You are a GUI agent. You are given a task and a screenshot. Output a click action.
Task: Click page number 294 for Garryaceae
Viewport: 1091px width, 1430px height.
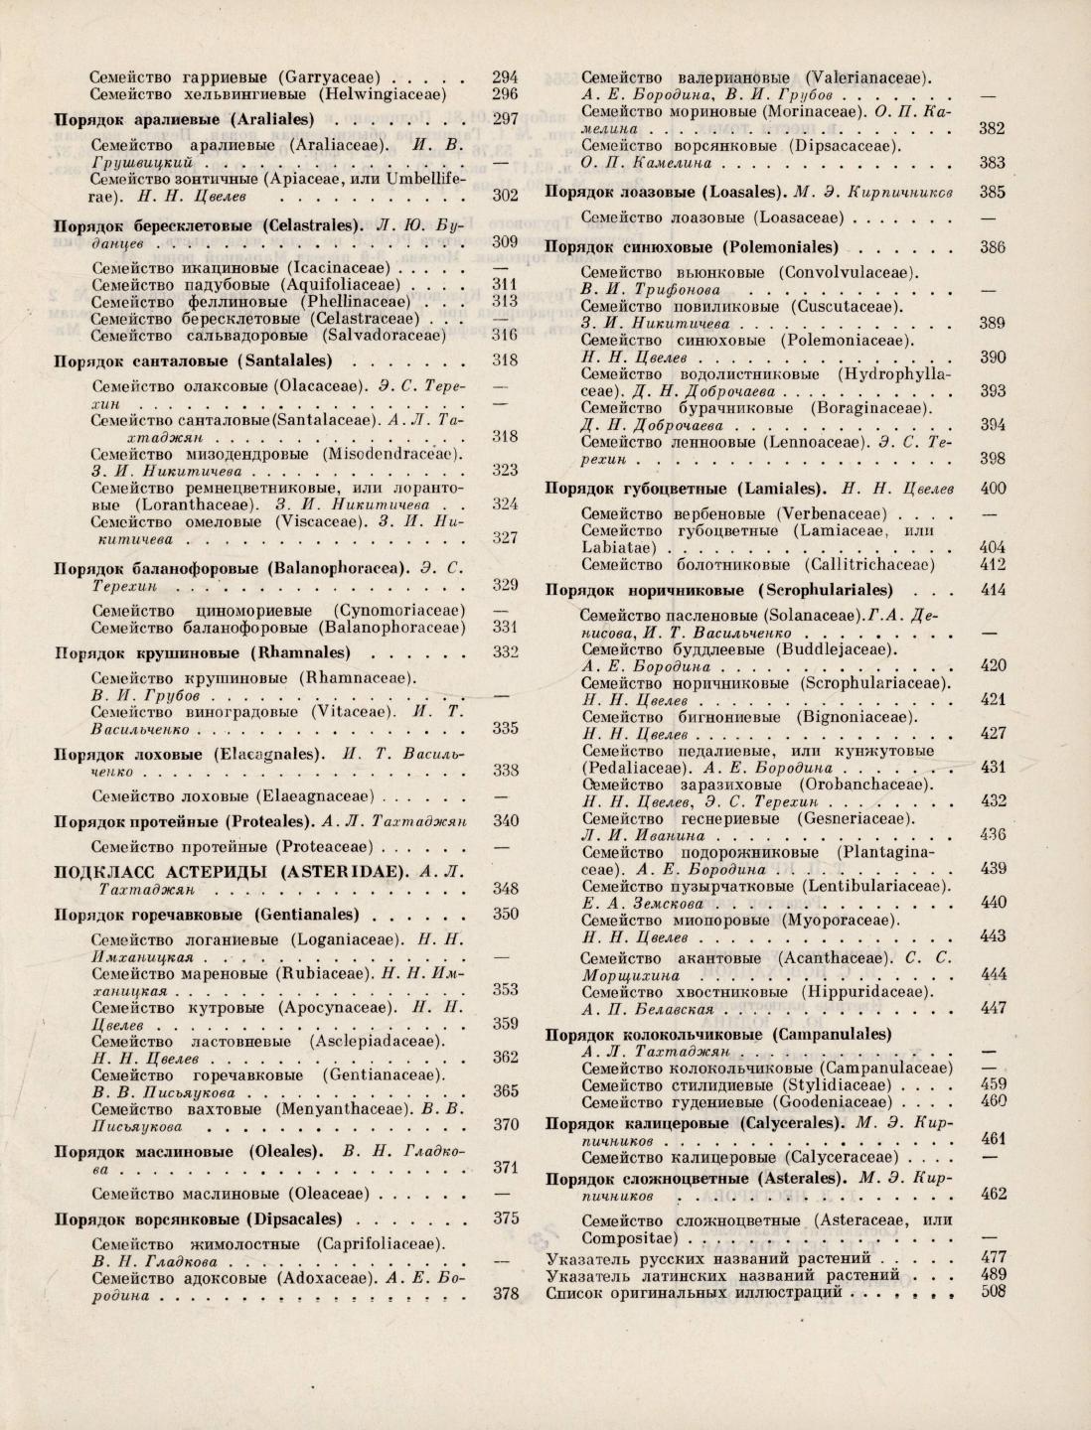click(505, 76)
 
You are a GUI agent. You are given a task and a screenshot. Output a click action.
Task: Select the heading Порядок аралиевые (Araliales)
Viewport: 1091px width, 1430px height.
click(184, 120)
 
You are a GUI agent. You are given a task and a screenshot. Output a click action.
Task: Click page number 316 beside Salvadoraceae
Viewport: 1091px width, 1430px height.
click(506, 336)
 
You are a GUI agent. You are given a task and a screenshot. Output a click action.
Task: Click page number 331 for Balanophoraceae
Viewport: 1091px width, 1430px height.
click(506, 628)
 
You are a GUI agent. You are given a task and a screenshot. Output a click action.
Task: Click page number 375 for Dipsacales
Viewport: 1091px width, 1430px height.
click(506, 1218)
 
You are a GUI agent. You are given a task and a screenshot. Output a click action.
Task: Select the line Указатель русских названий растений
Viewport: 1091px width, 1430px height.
click(704, 1259)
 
